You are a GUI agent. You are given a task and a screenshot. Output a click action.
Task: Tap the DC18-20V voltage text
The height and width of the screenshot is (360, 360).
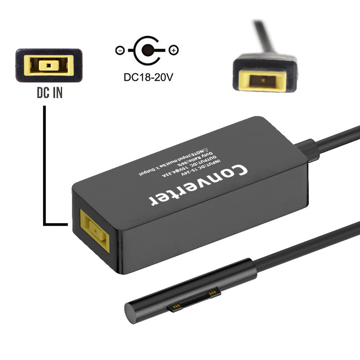(x=146, y=77)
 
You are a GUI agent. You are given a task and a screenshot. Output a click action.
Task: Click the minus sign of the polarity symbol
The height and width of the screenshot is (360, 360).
(x=120, y=50)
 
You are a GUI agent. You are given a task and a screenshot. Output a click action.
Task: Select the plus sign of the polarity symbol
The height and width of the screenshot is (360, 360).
(x=174, y=50)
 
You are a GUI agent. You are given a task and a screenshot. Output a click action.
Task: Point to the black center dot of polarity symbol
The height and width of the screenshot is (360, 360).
(x=146, y=51)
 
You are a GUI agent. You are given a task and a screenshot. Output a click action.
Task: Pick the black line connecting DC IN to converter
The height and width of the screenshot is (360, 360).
(x=45, y=162)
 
